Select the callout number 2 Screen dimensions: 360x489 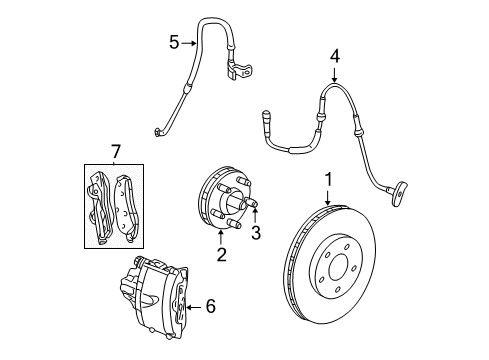221,254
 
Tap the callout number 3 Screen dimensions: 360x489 255,235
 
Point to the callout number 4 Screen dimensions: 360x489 336,56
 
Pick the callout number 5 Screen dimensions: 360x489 174,42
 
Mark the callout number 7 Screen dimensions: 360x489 115,151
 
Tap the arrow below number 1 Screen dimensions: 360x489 327,198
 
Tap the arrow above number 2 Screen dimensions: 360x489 221,238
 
